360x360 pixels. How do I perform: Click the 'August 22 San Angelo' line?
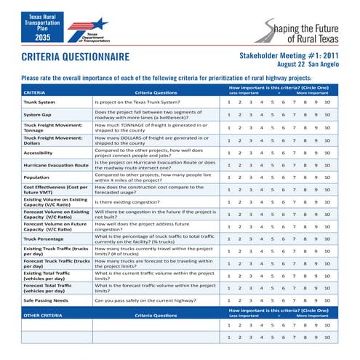click(304, 65)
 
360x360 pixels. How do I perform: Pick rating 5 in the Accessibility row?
click(272, 153)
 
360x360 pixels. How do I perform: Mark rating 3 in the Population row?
click(251, 177)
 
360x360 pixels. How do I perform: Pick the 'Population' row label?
click(36, 177)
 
